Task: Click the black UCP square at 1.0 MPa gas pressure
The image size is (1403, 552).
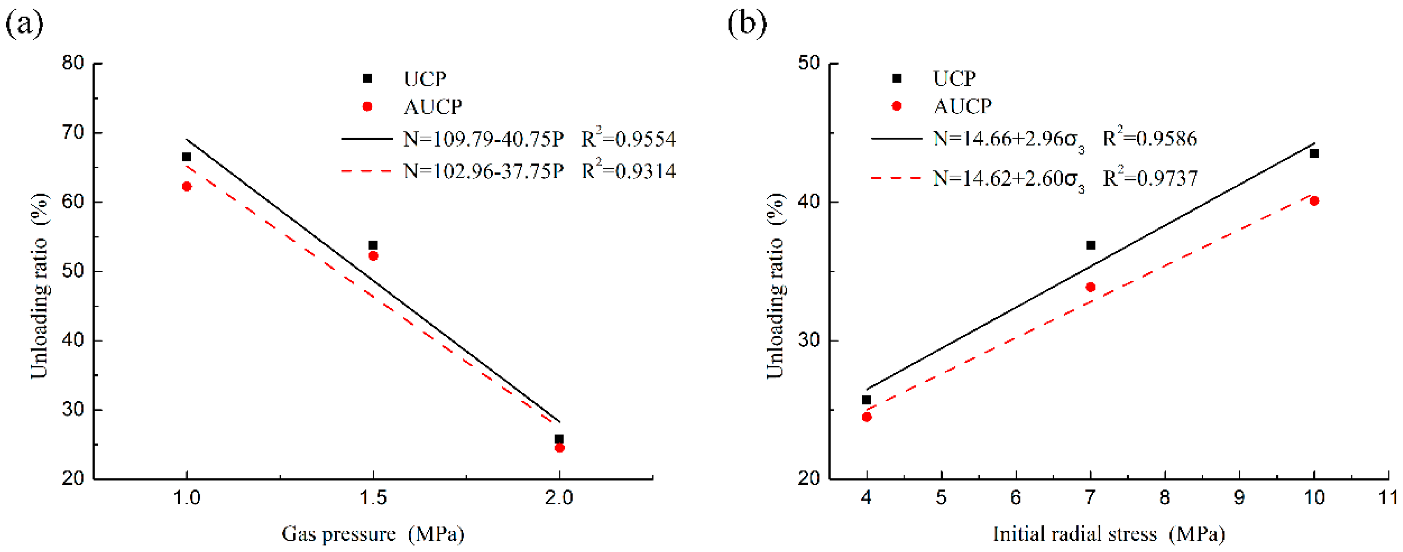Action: [187, 157]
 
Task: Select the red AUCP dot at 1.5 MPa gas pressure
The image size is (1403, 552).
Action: [373, 256]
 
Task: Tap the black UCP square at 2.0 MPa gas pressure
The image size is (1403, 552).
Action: [559, 439]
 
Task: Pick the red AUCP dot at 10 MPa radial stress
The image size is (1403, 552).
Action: [1314, 201]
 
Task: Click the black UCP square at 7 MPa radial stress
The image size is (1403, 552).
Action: [1090, 245]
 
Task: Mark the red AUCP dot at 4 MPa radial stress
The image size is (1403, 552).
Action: [867, 417]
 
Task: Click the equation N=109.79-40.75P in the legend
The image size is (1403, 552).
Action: [483, 139]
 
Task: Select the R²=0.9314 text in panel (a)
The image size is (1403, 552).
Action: [628, 171]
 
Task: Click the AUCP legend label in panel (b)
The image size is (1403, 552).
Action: [962, 106]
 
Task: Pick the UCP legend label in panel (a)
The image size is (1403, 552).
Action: [425, 79]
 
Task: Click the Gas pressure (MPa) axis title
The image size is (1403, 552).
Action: [373, 534]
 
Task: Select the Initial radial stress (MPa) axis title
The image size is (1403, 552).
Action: [1108, 534]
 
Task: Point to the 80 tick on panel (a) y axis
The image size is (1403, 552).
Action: [73, 63]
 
